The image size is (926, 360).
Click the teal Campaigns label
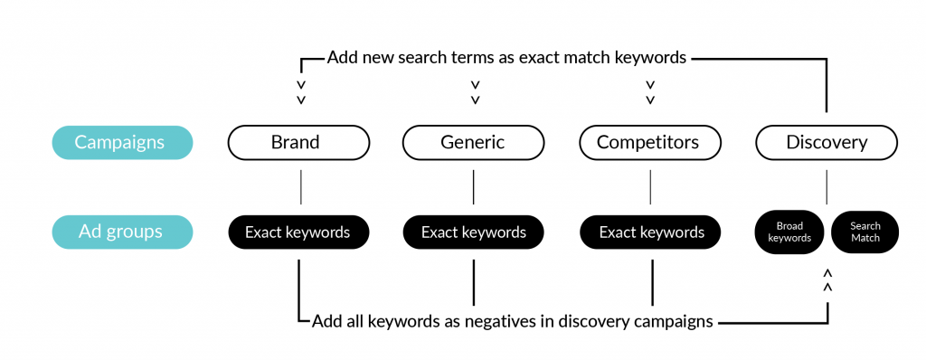[x=121, y=142]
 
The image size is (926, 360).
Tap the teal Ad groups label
[x=121, y=232]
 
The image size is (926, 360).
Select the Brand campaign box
[x=298, y=142]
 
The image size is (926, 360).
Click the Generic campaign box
[x=473, y=142]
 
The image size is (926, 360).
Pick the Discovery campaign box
[x=827, y=142]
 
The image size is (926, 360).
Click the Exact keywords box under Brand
[x=298, y=232]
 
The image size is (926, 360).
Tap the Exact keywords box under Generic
[x=473, y=232]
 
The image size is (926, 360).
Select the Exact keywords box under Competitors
[x=650, y=232]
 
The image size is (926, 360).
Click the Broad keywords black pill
[x=789, y=232]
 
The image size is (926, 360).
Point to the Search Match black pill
[x=865, y=232]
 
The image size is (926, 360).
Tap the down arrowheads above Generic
[x=474, y=92]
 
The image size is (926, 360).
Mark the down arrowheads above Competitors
[x=650, y=92]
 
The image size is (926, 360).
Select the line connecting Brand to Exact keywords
[x=299, y=187]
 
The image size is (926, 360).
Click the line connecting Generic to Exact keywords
[x=474, y=187]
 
